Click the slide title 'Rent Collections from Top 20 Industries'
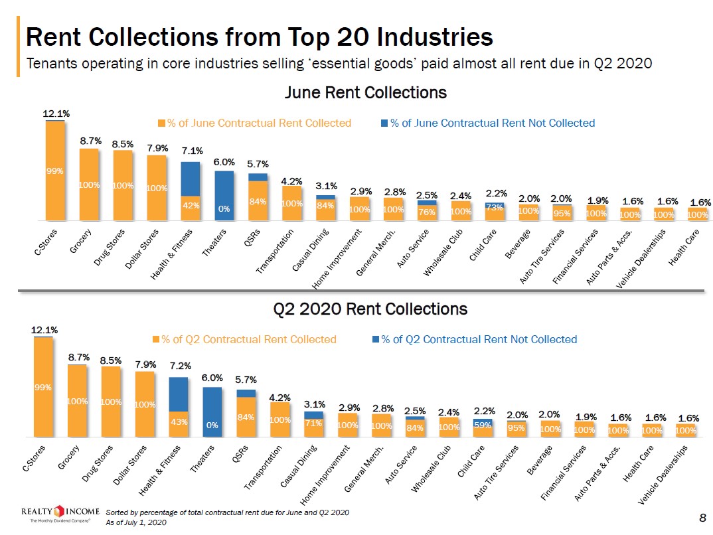pos(259,37)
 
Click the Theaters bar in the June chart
pos(224,196)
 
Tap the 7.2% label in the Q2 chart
pos(180,366)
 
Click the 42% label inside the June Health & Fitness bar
pos(191,206)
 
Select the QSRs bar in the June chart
pos(258,197)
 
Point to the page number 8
pos(702,517)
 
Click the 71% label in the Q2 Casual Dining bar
pos(313,423)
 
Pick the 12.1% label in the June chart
pos(56,114)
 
